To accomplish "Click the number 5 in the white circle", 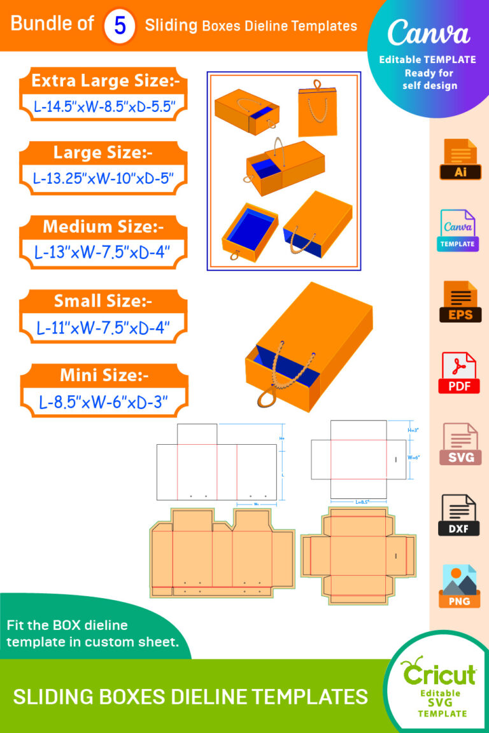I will (x=120, y=26).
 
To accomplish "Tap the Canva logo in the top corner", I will (x=428, y=33).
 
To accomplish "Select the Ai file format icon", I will (x=458, y=159).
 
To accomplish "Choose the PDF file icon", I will (x=458, y=373).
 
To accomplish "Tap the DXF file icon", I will (x=458, y=515).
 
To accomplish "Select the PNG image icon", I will (x=458, y=586).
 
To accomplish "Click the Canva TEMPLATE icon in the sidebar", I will (x=458, y=230).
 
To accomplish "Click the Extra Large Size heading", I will (x=105, y=81).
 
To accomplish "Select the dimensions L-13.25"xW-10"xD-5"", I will (x=104, y=178).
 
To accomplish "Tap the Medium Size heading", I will (x=103, y=226).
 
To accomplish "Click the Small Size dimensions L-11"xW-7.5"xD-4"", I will (x=104, y=328).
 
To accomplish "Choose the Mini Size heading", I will (x=104, y=375).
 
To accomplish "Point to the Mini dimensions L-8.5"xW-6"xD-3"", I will (x=104, y=402).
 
